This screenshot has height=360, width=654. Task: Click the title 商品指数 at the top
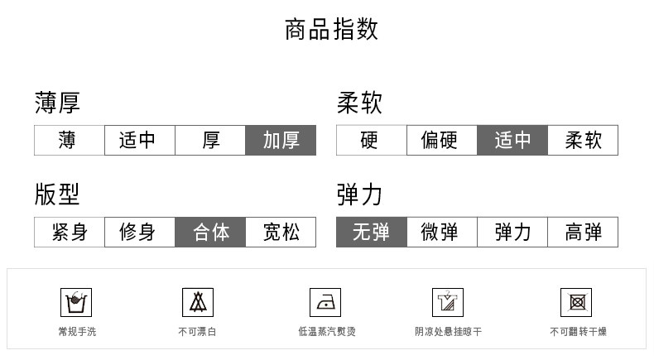click(x=331, y=30)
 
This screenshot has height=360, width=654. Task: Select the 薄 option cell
click(x=69, y=140)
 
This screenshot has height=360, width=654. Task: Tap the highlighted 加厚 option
click(x=281, y=140)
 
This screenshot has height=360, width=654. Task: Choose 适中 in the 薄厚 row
click(x=139, y=140)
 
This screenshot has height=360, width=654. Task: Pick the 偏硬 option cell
click(x=441, y=140)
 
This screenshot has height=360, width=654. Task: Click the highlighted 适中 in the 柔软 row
click(x=512, y=140)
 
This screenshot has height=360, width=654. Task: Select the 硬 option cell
click(x=371, y=140)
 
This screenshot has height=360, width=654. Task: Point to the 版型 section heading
click(x=57, y=194)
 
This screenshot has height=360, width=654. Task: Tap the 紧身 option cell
click(x=69, y=232)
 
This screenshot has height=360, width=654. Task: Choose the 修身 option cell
click(x=139, y=232)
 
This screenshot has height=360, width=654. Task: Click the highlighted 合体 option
click(x=210, y=232)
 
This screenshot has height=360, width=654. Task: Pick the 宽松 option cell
click(x=281, y=232)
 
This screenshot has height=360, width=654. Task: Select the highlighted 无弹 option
click(x=371, y=232)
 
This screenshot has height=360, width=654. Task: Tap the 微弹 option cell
click(x=441, y=232)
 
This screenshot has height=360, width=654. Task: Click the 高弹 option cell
click(x=583, y=232)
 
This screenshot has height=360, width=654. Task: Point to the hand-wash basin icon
click(x=76, y=302)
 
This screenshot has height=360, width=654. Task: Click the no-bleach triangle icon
click(x=198, y=302)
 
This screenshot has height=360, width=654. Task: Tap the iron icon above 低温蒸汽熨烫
click(x=325, y=302)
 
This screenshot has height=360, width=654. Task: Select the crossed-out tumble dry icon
click(x=576, y=302)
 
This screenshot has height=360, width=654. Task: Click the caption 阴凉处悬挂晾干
click(x=448, y=332)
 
